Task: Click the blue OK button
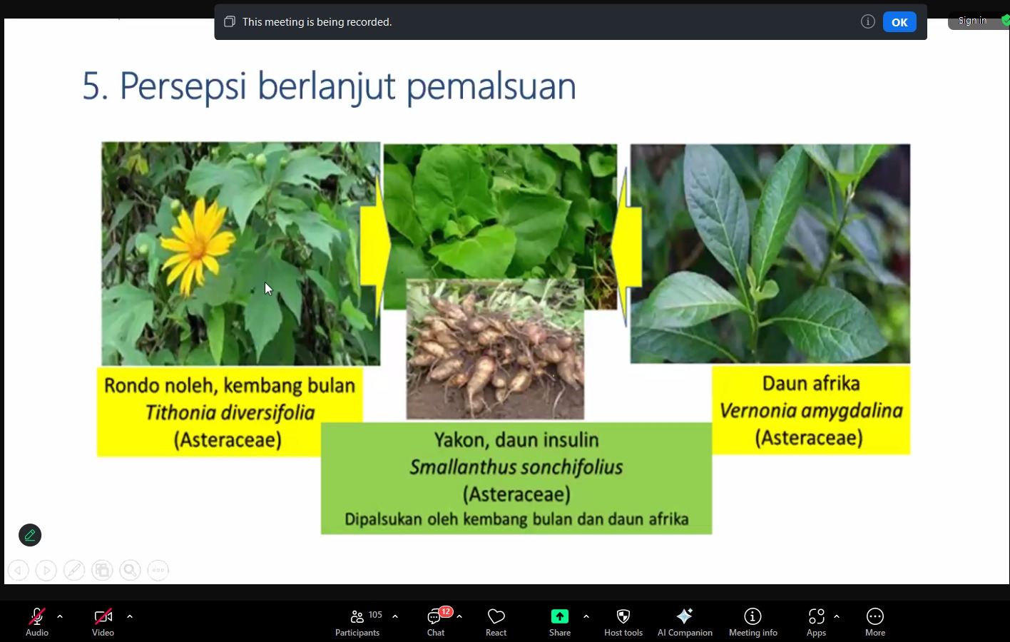pos(899,22)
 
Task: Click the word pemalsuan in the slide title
pos(491,86)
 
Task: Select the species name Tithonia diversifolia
pos(230,412)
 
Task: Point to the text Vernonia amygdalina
pos(811,411)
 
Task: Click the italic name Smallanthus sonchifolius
pos(516,467)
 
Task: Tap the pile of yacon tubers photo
pos(495,350)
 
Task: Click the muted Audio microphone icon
pos(37,616)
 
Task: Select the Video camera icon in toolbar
pos(103,616)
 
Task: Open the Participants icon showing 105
pos(357,616)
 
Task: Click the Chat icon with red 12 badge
pos(434,616)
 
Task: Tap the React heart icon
pos(496,616)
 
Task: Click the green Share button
pos(559,616)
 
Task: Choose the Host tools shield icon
pos(623,616)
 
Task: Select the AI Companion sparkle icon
pos(685,616)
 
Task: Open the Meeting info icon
pos(753,616)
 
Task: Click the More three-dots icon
pos(874,616)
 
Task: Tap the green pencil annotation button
pos(30,535)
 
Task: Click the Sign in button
pos(972,21)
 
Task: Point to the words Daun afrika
pos(811,384)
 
